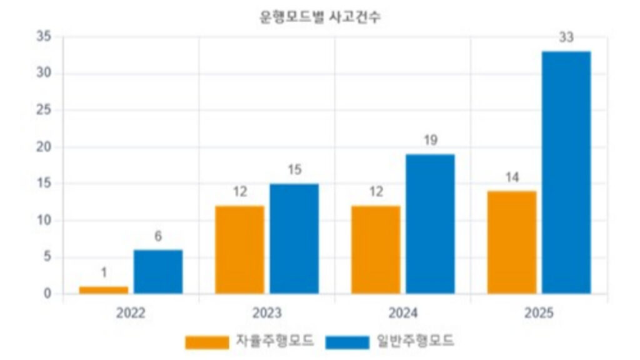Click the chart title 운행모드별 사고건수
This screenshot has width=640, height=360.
[x=320, y=17]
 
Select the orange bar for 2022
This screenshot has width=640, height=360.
[x=104, y=290]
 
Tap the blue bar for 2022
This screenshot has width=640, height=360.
[x=158, y=272]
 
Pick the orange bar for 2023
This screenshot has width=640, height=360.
[x=239, y=249]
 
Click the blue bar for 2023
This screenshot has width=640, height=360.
[x=294, y=239]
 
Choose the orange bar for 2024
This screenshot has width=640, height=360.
[x=376, y=249]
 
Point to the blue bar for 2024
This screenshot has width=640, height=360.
[x=430, y=224]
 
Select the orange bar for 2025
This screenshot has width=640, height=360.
[x=512, y=242]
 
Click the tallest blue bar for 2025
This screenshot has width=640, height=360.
[x=566, y=172]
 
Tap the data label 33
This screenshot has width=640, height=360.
[x=566, y=38]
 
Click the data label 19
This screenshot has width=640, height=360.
[x=430, y=141]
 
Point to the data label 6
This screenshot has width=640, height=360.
[x=158, y=237]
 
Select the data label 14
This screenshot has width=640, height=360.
[x=512, y=177]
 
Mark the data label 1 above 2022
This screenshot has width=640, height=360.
[x=104, y=273]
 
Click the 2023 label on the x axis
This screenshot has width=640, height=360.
[x=267, y=312]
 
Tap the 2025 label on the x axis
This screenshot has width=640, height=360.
[x=539, y=312]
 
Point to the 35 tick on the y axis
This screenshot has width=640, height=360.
[x=43, y=36]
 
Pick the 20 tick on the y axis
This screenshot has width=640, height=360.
[x=43, y=147]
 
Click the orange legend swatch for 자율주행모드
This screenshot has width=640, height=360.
[x=207, y=342]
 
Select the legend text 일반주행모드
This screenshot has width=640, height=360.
[x=415, y=341]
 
